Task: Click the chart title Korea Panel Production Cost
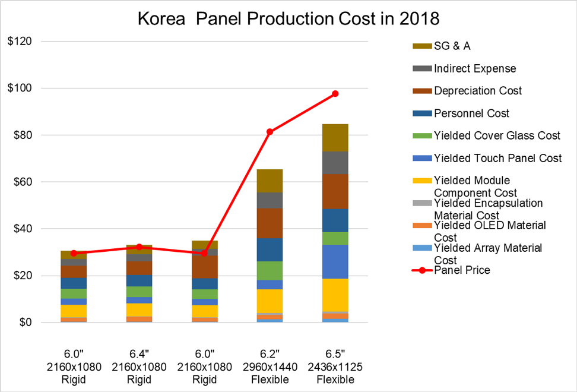click(x=288, y=18)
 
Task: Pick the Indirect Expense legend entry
click(x=475, y=69)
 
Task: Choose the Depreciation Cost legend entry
click(x=478, y=91)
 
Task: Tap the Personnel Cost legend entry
click(x=471, y=113)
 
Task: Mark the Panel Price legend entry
click(x=462, y=271)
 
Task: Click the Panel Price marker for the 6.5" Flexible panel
click(x=335, y=94)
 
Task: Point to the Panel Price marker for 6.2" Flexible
click(x=270, y=132)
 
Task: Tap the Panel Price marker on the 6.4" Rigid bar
click(x=140, y=247)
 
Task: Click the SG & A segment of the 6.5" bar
click(x=335, y=138)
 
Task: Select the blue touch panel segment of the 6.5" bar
click(x=335, y=262)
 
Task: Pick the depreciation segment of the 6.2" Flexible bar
click(x=270, y=223)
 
